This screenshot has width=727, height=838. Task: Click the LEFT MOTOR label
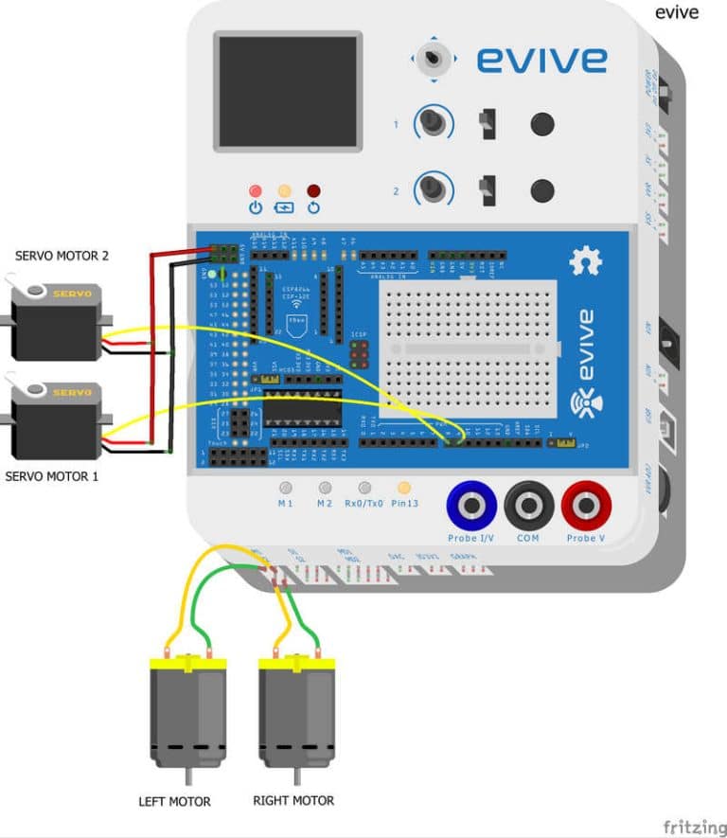coord(175,802)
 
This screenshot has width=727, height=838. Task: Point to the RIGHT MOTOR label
coord(293,800)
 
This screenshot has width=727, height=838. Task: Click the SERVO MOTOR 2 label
coord(62,256)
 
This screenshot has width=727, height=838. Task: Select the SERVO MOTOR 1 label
coord(52,476)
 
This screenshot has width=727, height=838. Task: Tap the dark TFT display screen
coord(287,91)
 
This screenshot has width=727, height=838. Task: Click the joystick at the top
coord(435,59)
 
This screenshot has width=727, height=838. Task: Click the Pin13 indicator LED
coord(404,488)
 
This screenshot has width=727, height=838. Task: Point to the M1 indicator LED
coord(285,488)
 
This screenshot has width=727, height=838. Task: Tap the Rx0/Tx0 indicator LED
coord(364,488)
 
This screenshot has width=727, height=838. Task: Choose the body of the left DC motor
coord(187,715)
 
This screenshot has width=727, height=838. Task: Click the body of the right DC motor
coord(297,715)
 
